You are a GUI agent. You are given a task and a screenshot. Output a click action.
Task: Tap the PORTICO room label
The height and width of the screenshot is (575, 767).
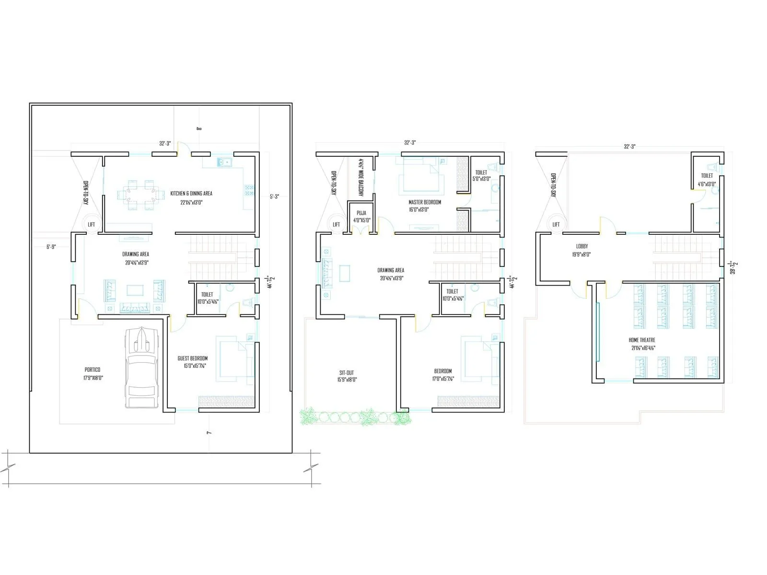(93, 369)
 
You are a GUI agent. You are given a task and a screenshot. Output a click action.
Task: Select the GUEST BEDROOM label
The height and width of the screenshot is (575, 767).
(192, 358)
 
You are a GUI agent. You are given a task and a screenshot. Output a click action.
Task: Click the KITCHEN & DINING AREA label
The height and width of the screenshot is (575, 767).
(191, 194)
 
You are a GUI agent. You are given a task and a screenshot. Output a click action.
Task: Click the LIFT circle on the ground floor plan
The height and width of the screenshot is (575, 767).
(91, 224)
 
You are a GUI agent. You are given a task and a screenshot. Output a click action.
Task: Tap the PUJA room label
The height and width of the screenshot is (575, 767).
(361, 213)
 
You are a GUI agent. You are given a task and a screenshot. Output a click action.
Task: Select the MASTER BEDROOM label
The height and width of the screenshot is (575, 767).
(425, 202)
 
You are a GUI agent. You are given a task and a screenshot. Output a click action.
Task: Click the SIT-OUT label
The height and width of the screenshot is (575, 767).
(347, 373)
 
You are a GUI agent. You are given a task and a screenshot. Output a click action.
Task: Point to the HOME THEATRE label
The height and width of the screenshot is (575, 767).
(642, 340)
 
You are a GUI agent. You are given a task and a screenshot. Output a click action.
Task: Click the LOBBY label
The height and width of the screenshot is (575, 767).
(582, 246)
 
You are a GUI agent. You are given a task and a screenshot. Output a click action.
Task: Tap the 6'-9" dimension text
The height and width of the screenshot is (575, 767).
(51, 247)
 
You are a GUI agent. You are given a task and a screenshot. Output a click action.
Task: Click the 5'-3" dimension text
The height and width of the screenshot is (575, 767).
(274, 196)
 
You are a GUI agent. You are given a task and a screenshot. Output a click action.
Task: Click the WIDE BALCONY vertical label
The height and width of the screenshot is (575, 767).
(361, 178)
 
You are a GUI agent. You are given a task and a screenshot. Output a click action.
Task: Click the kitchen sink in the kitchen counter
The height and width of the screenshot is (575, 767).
(223, 162)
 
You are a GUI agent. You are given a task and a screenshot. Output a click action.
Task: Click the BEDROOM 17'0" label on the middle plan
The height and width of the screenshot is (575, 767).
(443, 371)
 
